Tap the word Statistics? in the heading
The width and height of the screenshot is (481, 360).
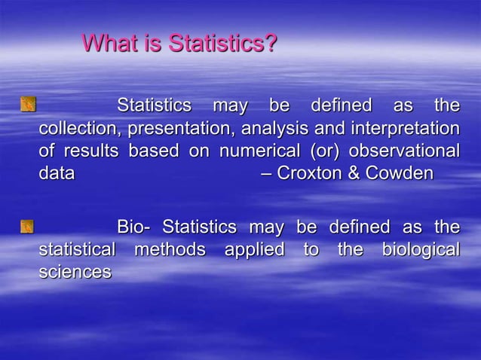click(x=222, y=44)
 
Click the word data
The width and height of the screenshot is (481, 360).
click(x=57, y=175)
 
